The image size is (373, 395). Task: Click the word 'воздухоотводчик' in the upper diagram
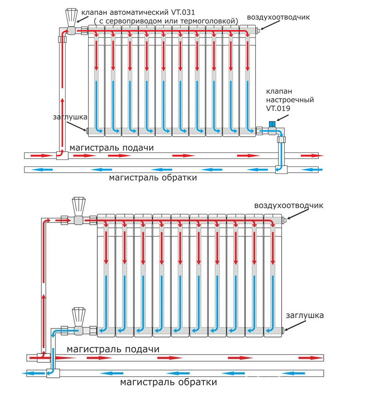tap(278, 17)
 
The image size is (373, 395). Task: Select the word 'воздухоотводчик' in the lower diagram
tap(288, 206)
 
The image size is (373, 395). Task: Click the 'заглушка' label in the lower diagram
tap(304, 315)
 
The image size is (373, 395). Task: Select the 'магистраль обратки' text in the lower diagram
tap(169, 382)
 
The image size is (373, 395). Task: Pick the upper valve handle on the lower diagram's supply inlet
tap(79, 206)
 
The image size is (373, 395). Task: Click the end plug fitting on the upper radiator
tap(88, 131)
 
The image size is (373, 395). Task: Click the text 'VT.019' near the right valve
tap(276, 108)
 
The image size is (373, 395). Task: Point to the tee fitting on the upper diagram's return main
tap(281, 169)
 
